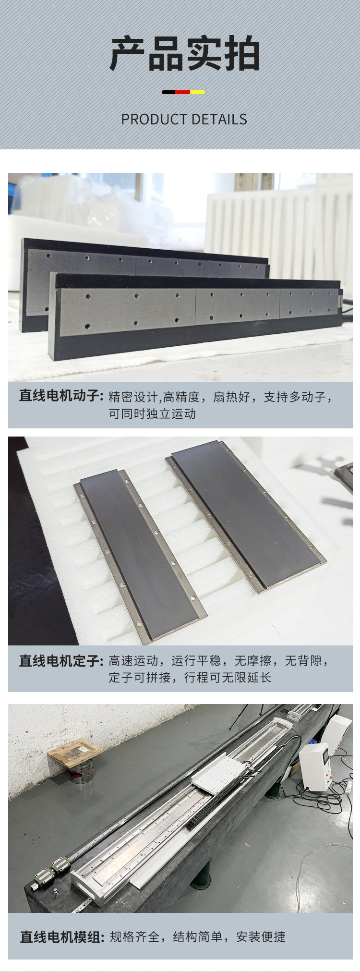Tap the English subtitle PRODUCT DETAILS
click(184, 120)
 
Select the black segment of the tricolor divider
click(168, 92)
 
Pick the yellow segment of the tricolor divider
click(198, 92)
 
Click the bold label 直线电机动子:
click(61, 396)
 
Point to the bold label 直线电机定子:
click(61, 661)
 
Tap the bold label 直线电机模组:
click(61, 936)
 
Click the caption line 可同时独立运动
click(152, 413)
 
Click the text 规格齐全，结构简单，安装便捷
click(197, 936)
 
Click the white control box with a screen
click(315, 764)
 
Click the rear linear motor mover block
click(144, 259)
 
